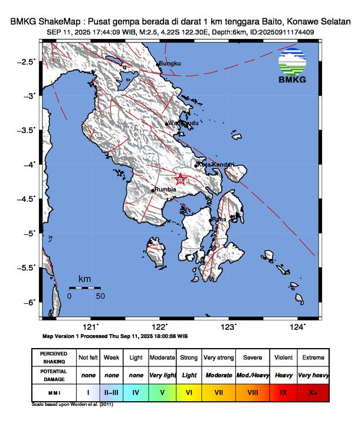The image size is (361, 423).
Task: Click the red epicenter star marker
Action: [x=181, y=179]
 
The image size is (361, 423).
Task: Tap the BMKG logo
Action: [x=292, y=66]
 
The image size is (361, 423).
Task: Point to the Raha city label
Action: [x=219, y=219]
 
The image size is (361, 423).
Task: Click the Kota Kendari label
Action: [x=216, y=165]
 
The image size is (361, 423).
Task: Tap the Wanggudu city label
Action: [x=180, y=123]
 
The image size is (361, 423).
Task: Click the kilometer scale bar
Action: [x=84, y=287]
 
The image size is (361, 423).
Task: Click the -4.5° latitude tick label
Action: [x=27, y=199]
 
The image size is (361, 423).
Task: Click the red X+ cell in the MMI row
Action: [x=312, y=392]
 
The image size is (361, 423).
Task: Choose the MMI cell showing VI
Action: [x=189, y=392]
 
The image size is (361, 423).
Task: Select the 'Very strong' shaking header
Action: [x=218, y=358]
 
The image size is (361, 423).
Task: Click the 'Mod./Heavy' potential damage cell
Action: [x=253, y=375]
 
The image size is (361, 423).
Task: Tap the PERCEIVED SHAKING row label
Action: [x=53, y=358]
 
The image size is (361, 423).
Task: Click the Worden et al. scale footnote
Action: [x=72, y=405]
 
